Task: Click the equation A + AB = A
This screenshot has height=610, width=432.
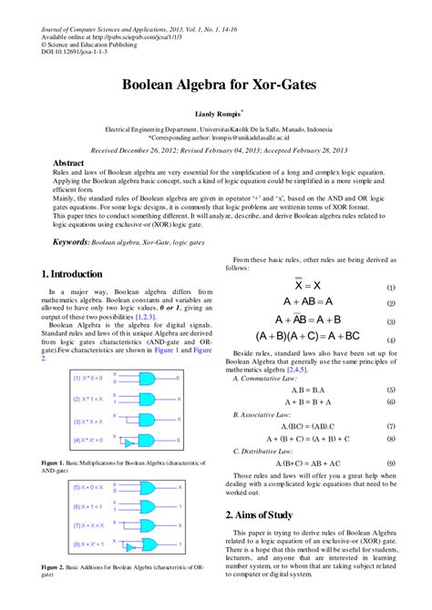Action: click(x=308, y=302)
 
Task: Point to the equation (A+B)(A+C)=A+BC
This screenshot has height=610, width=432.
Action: click(x=308, y=336)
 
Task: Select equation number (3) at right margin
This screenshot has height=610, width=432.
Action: click(x=390, y=321)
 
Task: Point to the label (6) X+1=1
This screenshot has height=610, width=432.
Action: click(x=88, y=506)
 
